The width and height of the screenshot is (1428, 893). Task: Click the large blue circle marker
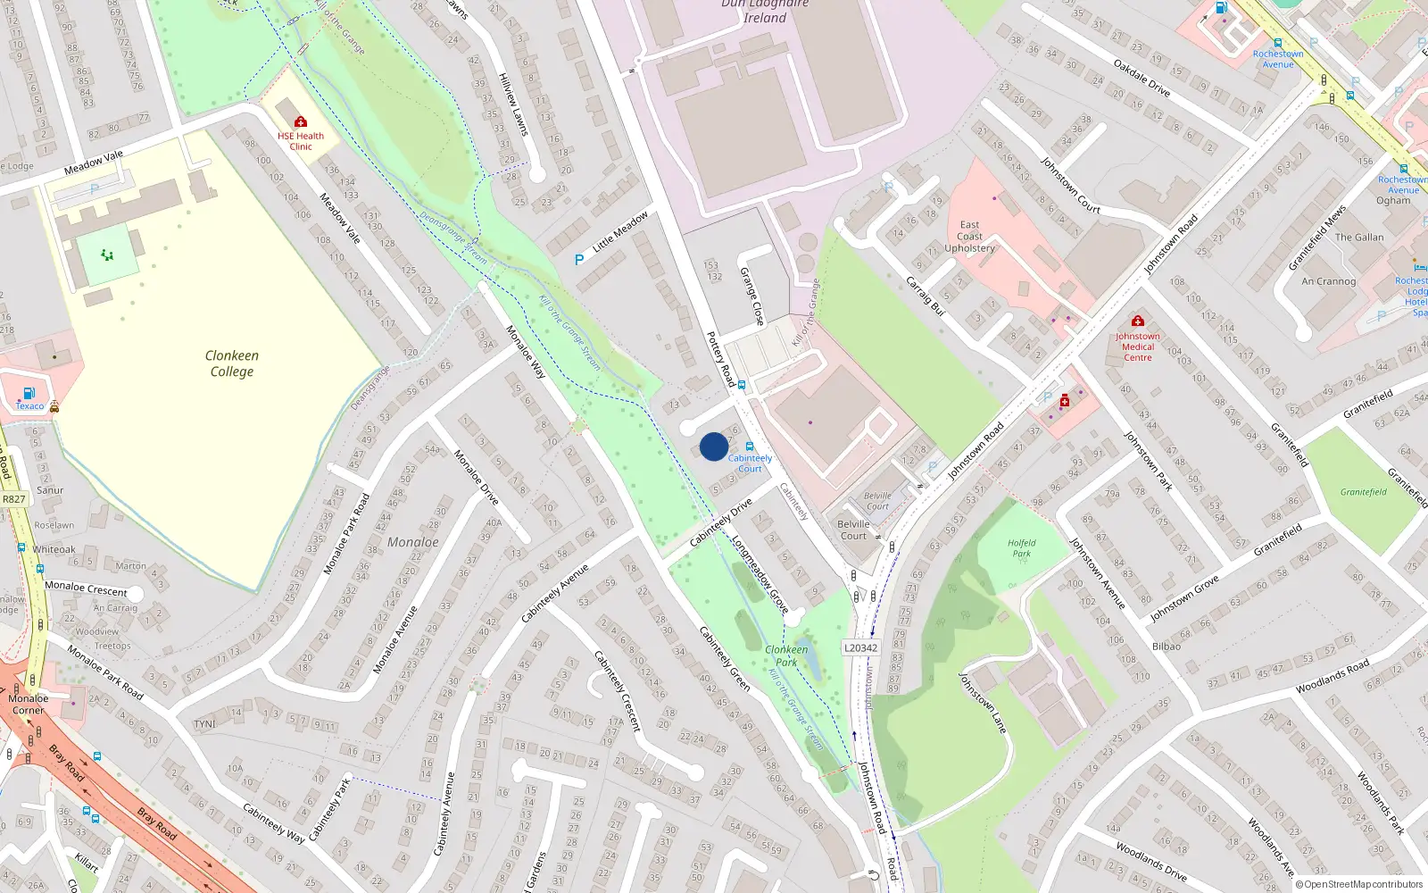click(x=713, y=446)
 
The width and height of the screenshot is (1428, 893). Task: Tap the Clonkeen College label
click(x=232, y=363)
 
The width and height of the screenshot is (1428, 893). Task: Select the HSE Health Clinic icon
click(x=301, y=121)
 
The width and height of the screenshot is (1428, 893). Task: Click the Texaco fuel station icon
click(x=29, y=393)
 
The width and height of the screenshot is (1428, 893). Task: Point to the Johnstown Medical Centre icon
click(x=1137, y=321)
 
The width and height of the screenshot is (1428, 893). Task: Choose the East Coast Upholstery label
click(x=969, y=237)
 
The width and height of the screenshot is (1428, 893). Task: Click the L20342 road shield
click(x=860, y=648)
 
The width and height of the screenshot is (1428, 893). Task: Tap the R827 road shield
click(x=14, y=499)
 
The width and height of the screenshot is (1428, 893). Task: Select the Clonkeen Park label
click(x=786, y=655)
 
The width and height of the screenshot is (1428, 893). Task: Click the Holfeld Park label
click(x=1021, y=547)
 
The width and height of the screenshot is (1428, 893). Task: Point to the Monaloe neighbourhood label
click(x=412, y=542)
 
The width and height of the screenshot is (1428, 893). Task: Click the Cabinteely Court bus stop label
click(x=750, y=463)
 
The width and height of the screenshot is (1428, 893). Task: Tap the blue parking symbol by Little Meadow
click(x=579, y=260)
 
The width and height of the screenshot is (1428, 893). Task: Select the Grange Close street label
click(x=752, y=296)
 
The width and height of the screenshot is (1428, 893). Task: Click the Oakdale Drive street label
click(x=1142, y=78)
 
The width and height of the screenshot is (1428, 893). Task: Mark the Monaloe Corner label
click(x=28, y=705)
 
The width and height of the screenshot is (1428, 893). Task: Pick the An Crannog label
click(x=1328, y=281)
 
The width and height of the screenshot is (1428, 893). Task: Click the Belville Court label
click(x=853, y=530)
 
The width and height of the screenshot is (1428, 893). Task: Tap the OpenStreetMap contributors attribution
click(x=1359, y=885)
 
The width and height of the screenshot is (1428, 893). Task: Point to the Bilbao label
click(x=1166, y=647)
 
